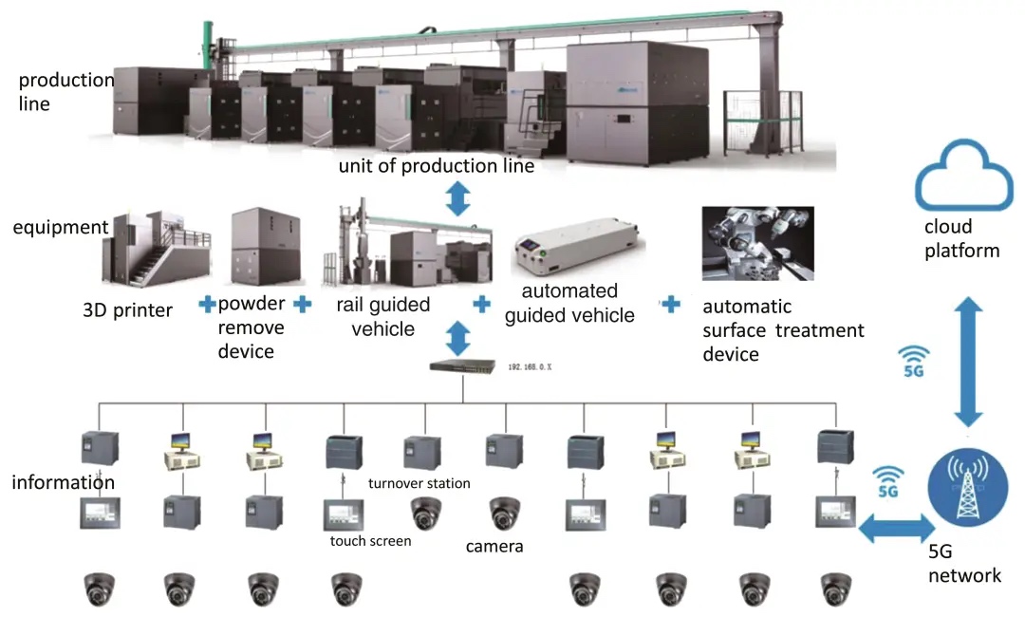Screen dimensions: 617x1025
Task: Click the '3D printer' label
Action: [x=126, y=309]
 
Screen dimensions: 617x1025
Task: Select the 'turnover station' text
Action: [x=419, y=483]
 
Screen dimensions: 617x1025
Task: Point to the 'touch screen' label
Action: [x=370, y=541]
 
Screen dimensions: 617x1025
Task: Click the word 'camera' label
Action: [x=494, y=547]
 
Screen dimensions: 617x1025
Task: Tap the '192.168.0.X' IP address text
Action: [x=536, y=365]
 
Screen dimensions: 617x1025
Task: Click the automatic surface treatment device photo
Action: [x=756, y=243]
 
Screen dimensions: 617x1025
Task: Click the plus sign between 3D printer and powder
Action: [x=206, y=306]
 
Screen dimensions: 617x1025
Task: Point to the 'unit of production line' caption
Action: [x=437, y=167]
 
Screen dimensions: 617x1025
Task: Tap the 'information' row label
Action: [x=63, y=482]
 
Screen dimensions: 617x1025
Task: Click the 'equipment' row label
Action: [x=61, y=228]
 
